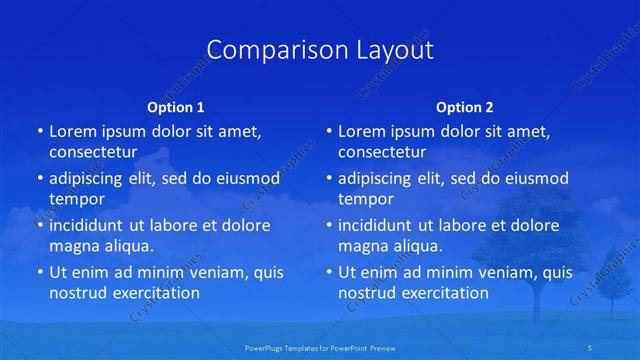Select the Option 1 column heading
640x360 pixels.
pyautogui.click(x=176, y=107)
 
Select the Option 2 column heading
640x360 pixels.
pyautogui.click(x=465, y=107)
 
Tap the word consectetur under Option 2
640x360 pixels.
pyautogui.click(x=381, y=152)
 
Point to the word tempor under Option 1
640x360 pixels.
pyautogui.click(x=76, y=199)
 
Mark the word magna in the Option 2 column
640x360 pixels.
pyautogui.click(x=361, y=246)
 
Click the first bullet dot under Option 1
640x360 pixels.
pyautogui.click(x=39, y=132)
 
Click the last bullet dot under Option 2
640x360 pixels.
pyautogui.click(x=328, y=272)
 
